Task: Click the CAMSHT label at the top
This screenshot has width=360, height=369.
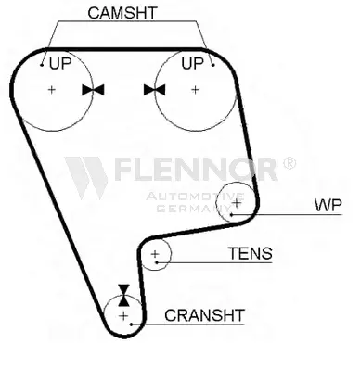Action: [122, 13]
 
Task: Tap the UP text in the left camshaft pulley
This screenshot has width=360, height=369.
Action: [60, 63]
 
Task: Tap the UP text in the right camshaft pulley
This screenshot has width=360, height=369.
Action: [192, 63]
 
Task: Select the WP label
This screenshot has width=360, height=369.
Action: [328, 205]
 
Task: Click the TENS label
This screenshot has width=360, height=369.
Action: [251, 253]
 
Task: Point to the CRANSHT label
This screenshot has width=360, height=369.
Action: [204, 315]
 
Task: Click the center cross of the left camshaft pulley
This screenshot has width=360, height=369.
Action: [52, 90]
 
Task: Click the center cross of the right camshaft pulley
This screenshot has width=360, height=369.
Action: [195, 90]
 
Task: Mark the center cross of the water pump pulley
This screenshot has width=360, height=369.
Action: [237, 203]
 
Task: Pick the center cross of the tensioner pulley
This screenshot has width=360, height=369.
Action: [155, 254]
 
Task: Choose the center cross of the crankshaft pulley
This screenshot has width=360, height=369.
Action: [123, 316]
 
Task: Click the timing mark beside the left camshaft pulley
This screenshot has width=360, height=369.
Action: [93, 90]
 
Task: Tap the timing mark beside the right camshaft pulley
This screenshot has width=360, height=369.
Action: [154, 90]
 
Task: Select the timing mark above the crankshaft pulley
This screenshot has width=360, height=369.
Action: [123, 295]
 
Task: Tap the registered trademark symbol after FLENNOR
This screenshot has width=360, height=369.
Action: [289, 163]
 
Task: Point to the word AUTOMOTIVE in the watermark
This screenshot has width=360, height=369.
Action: [195, 197]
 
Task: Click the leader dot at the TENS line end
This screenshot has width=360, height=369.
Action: [157, 262]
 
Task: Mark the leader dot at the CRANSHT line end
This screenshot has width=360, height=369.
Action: [131, 324]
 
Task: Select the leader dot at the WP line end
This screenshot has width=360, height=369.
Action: [231, 214]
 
